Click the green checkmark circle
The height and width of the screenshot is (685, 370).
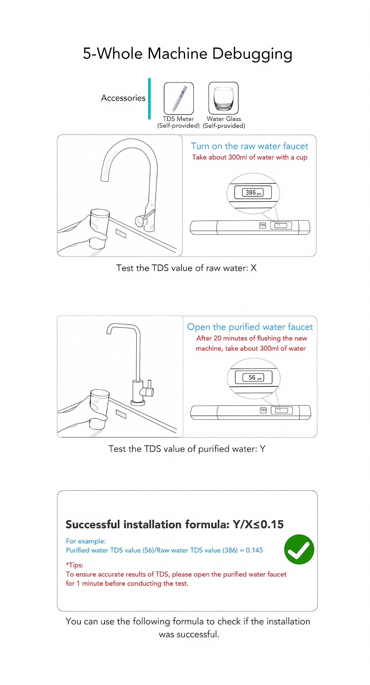[299, 549]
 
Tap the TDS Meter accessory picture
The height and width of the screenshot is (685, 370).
[179, 98]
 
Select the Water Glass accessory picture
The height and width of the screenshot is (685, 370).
[223, 98]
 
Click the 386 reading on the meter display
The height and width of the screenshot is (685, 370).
[251, 192]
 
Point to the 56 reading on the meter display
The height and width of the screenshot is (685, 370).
[252, 377]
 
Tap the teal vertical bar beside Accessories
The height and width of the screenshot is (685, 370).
[149, 99]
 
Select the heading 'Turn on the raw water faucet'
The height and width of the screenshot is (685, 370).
[249, 146]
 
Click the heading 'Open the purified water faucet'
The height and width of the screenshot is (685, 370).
[250, 327]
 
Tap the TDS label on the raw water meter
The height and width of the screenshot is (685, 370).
[263, 225]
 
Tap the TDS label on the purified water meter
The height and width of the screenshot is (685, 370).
[263, 410]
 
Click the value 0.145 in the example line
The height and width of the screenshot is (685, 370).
[254, 550]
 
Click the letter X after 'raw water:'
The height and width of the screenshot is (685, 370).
[254, 268]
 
